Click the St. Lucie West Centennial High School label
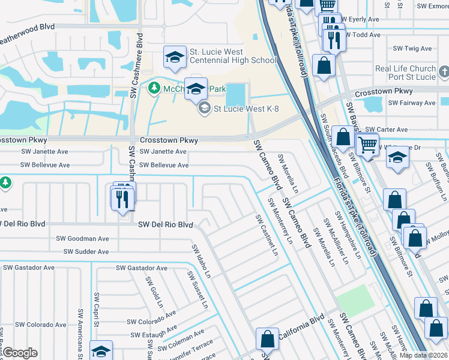click(232, 56)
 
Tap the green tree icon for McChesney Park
click(154, 89)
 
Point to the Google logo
click(19, 353)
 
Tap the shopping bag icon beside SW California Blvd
click(267, 339)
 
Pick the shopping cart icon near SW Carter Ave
click(367, 144)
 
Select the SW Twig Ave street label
click(412, 49)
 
